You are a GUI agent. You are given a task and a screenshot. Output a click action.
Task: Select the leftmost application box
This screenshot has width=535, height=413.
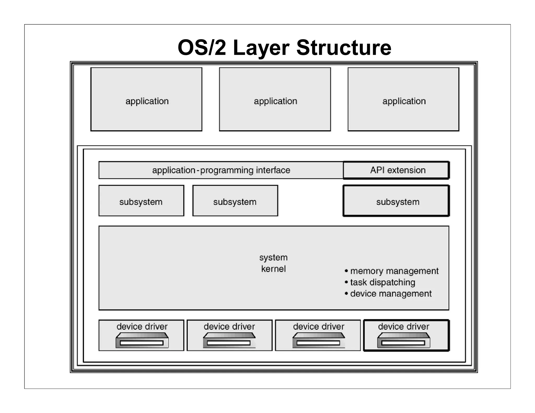click(x=146, y=99)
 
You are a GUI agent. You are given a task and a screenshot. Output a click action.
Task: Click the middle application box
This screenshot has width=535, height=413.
click(x=275, y=99)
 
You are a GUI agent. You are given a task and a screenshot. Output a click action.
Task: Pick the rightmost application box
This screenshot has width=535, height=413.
click(x=403, y=99)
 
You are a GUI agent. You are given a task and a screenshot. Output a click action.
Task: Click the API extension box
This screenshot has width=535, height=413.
click(x=396, y=170)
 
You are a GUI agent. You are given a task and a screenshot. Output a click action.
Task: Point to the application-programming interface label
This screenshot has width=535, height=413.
click(x=221, y=170)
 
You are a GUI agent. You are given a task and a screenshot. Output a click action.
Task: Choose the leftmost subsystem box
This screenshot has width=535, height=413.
click(x=141, y=201)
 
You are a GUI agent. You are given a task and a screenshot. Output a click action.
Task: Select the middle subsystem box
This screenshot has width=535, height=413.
click(x=235, y=201)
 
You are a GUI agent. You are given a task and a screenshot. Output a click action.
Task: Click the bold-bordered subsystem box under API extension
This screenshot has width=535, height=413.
click(x=396, y=201)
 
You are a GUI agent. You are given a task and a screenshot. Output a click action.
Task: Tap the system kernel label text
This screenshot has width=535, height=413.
click(x=273, y=263)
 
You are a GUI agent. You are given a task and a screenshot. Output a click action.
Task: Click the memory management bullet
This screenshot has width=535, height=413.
click(x=391, y=271)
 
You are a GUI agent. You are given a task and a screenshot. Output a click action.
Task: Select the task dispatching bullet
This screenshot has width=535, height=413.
click(x=380, y=282)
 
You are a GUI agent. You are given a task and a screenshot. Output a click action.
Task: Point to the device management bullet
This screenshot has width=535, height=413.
click(x=388, y=294)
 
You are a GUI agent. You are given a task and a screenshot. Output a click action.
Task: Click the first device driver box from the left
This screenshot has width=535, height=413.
click(x=141, y=335)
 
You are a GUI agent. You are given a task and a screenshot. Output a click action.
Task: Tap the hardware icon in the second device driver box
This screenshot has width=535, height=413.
click(x=229, y=340)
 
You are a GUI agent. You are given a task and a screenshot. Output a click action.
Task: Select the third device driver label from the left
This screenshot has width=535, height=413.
click(x=318, y=327)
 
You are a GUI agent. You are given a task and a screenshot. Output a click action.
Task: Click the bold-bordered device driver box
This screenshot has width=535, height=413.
click(x=406, y=335)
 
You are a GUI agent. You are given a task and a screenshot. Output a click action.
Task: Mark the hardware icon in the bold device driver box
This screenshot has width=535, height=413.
click(x=403, y=340)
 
